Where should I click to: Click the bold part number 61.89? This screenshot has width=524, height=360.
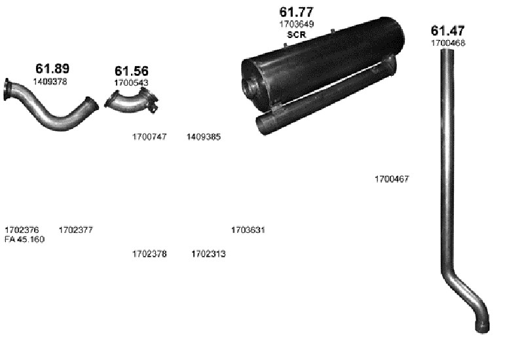coord(52,69)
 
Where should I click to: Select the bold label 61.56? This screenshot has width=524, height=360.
coord(132,71)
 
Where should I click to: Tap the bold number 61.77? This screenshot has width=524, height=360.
coord(297,12)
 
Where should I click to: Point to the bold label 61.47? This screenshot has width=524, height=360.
coord(447,31)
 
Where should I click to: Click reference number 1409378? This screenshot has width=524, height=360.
coord(50,81)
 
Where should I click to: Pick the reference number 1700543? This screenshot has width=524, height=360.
coord(131,82)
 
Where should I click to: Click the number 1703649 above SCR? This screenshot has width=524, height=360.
coord(297,24)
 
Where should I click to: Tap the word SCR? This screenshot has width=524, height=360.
coord(297,35)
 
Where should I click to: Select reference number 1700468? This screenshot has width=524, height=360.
coord(448,43)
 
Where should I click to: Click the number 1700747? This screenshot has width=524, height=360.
coord(149,137)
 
